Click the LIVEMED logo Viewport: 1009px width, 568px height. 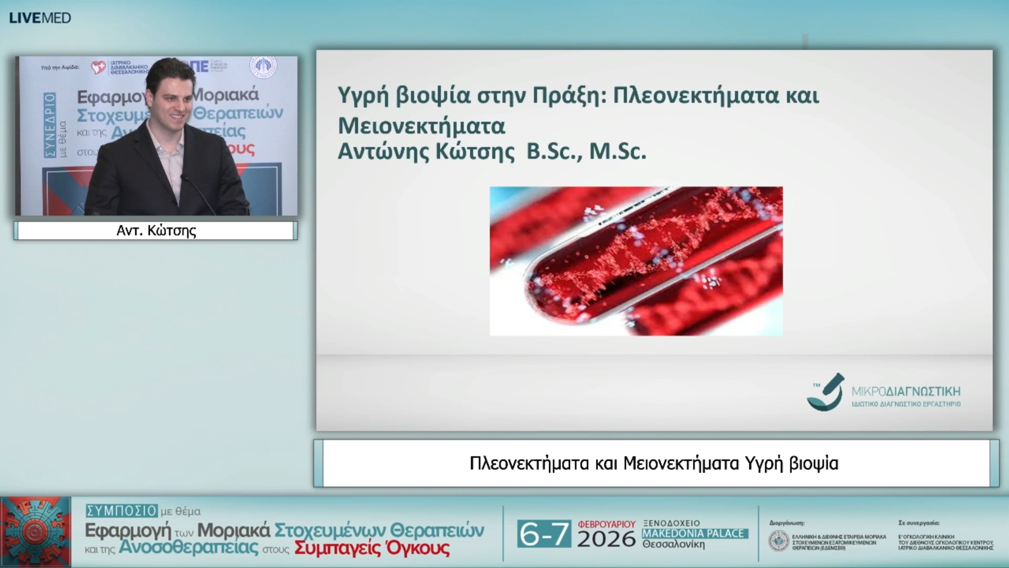pos(40,18)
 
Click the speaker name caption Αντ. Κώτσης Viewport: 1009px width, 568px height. pos(156,231)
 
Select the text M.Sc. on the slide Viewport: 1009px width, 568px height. pos(617,151)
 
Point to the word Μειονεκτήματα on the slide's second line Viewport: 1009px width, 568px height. pos(421,126)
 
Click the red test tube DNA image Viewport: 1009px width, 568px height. pos(636,261)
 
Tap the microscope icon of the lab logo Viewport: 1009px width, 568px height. pos(826,392)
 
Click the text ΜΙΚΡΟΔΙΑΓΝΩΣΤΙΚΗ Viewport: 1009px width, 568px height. pos(905,391)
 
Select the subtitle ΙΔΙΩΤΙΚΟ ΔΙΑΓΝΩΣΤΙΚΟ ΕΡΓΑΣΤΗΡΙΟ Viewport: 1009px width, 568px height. pos(905,404)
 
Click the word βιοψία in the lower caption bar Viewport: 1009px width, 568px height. pos(814,464)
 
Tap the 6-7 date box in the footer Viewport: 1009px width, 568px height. pos(543,534)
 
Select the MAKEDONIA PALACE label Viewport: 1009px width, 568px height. pos(694,533)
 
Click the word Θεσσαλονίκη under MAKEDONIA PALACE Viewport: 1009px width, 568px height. pos(673,544)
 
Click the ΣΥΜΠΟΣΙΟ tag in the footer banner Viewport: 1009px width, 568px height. pos(122,511)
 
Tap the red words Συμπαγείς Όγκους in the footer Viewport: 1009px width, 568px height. pos(372,549)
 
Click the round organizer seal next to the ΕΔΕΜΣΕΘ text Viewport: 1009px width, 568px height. pos(778,541)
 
